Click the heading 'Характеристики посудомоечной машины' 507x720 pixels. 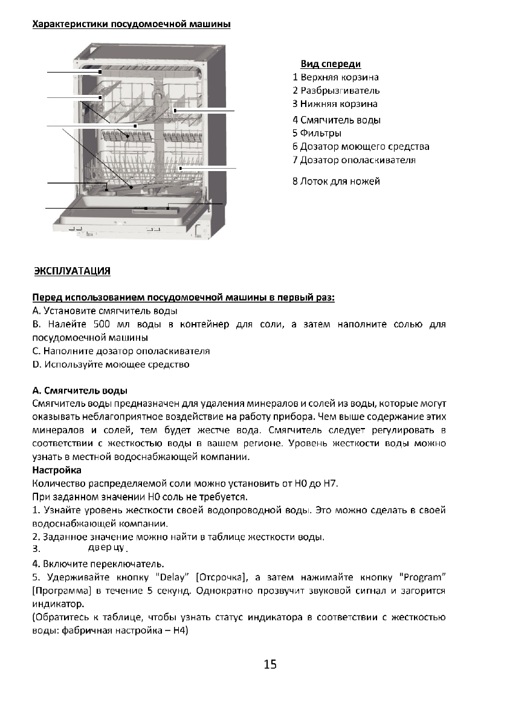pos(131,25)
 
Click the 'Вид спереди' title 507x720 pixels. pos(331,64)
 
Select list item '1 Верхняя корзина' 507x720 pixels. pos(335,77)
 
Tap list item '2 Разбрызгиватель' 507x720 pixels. pos(336,91)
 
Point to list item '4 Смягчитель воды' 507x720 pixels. pos(336,120)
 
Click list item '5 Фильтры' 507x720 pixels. pos(317,133)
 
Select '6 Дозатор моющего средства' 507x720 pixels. pos(361,146)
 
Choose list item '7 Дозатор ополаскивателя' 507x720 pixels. pos(354,160)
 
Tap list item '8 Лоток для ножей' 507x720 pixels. pos(336,181)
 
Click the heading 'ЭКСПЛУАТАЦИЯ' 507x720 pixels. pos(72,271)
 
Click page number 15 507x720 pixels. pos(270,665)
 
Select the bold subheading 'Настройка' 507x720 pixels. pos(56,470)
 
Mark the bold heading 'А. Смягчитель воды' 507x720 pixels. pos(79,391)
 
